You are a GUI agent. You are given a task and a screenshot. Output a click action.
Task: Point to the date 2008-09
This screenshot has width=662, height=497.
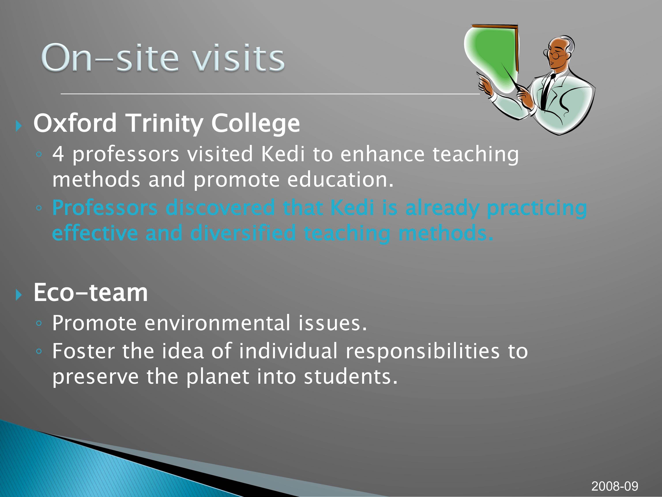pos(615,486)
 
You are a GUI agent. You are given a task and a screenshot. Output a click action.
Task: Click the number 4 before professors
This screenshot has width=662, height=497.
pos(58,154)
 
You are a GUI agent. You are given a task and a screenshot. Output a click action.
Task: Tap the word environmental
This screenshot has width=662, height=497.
pos(217,323)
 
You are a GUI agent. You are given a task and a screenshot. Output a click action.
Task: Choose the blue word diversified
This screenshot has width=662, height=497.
pos(243,233)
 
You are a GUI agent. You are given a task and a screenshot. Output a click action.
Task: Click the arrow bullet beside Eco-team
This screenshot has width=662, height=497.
pos(19,295)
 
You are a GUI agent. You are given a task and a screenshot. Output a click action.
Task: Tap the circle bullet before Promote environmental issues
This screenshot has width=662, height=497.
pos(39,323)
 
